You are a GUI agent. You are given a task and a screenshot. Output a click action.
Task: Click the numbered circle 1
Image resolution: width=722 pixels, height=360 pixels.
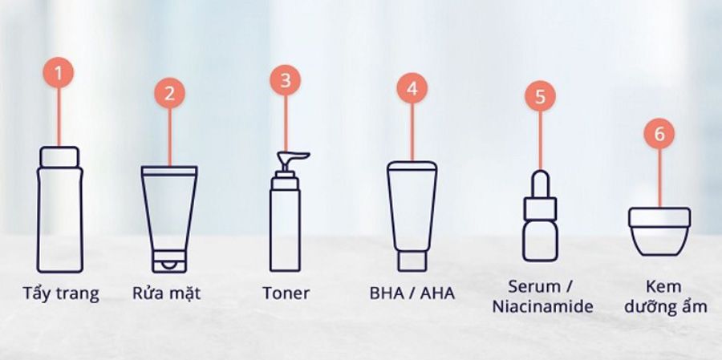(x=59, y=73)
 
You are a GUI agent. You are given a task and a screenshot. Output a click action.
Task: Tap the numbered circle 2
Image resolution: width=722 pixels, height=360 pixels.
(x=168, y=92)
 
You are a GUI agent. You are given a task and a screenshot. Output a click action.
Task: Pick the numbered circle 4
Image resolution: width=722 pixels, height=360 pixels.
(x=412, y=88)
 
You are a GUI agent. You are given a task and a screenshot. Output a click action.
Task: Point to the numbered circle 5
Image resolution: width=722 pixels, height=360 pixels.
(x=540, y=96)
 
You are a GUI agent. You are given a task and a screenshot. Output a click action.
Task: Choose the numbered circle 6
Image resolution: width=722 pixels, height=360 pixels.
(x=659, y=134)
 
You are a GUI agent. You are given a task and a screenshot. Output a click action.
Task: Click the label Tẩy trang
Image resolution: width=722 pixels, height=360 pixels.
(x=60, y=293)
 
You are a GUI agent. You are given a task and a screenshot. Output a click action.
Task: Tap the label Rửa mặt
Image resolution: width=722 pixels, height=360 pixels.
(x=166, y=293)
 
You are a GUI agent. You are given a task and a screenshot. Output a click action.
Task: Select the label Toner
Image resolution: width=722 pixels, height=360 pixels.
(x=286, y=293)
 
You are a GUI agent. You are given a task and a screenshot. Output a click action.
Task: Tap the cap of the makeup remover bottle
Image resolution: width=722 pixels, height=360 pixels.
(x=59, y=156)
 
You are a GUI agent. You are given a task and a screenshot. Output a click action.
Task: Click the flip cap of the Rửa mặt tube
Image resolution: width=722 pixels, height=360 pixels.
(x=168, y=260)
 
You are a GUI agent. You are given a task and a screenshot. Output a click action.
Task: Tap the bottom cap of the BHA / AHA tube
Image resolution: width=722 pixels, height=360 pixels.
(x=413, y=260)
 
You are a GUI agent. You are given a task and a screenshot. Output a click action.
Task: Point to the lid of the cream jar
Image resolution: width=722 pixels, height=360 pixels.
(x=659, y=218)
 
